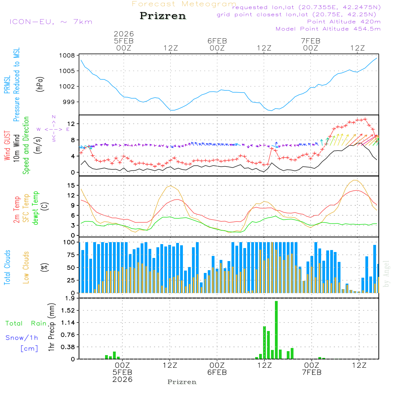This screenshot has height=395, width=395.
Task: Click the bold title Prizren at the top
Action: (x=163, y=16)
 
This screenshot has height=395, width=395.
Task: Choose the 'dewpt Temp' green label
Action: (x=36, y=208)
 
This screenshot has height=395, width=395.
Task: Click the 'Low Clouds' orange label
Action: (x=26, y=267)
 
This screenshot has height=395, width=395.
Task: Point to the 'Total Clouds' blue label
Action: (x=7, y=267)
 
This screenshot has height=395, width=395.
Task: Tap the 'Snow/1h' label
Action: (x=22, y=338)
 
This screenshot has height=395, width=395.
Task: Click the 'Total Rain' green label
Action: (x=26, y=323)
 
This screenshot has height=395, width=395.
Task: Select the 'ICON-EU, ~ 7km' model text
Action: (x=51, y=22)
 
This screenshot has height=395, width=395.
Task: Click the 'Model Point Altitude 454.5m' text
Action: (x=328, y=29)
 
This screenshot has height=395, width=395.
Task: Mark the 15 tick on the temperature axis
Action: (x=71, y=185)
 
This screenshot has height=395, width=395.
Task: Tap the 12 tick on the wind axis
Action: (x=71, y=124)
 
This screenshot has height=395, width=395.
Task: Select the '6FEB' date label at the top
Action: (x=217, y=41)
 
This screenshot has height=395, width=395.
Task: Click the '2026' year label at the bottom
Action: (x=122, y=379)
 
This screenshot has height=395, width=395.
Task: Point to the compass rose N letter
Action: (x=54, y=117)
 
